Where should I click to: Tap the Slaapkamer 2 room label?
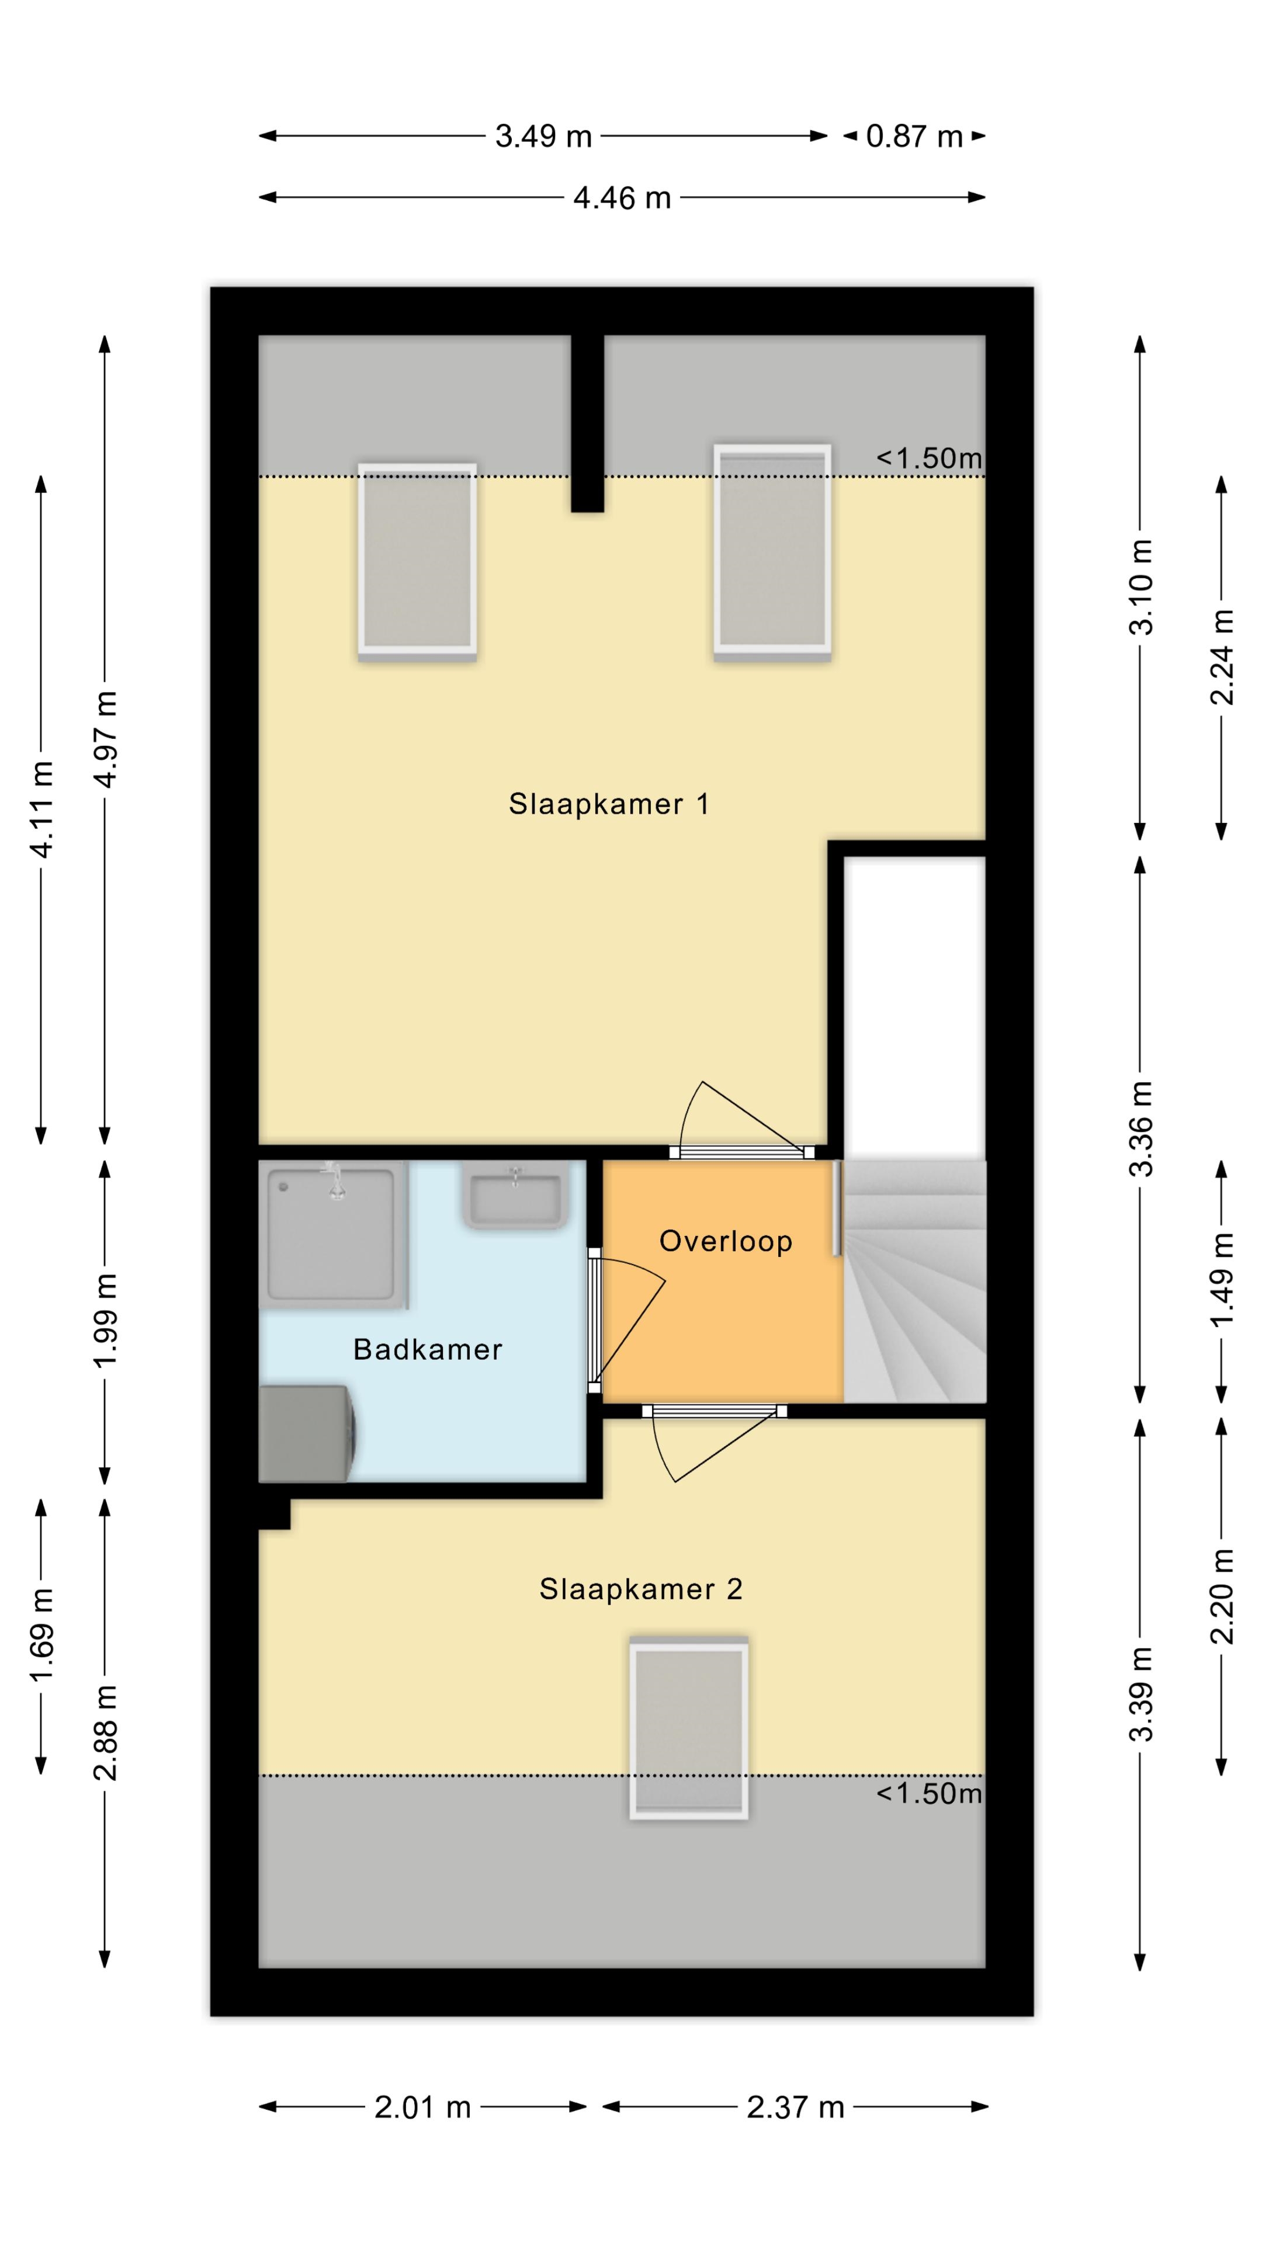tap(640, 1589)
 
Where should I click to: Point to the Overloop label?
tap(726, 1241)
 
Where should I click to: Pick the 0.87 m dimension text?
tap(914, 137)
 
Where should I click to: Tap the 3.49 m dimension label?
tap(543, 137)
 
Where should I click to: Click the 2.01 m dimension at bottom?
tap(422, 2107)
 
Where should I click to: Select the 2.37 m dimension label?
tap(795, 2107)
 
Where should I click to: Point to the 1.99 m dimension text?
tap(105, 1320)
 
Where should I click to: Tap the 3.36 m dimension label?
tap(1141, 1129)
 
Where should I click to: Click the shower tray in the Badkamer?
tap(334, 1234)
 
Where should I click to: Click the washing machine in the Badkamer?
tap(308, 1433)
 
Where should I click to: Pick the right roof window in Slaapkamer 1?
tap(772, 553)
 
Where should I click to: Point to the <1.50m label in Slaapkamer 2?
tap(928, 1793)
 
